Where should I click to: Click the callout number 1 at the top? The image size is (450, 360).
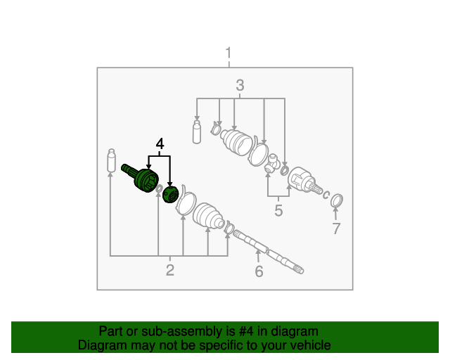[229, 53]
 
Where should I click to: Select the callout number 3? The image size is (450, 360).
[240, 85]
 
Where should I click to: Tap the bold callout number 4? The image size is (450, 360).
[160, 144]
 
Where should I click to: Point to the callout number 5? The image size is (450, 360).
[278, 210]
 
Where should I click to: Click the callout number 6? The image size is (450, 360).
[259, 271]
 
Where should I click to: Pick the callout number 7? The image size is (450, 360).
[336, 229]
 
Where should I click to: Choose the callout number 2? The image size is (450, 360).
[170, 270]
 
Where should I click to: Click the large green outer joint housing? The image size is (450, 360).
[141, 178]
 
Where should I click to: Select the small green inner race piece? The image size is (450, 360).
[170, 194]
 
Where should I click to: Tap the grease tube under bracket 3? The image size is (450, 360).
[197, 131]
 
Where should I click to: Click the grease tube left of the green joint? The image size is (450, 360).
[111, 160]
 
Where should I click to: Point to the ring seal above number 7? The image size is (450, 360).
[337, 200]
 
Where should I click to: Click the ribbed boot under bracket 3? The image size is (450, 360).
[236, 143]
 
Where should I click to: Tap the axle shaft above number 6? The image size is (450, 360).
[268, 252]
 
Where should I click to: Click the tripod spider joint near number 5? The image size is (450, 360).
[272, 163]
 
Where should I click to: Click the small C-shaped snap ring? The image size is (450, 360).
[326, 195]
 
